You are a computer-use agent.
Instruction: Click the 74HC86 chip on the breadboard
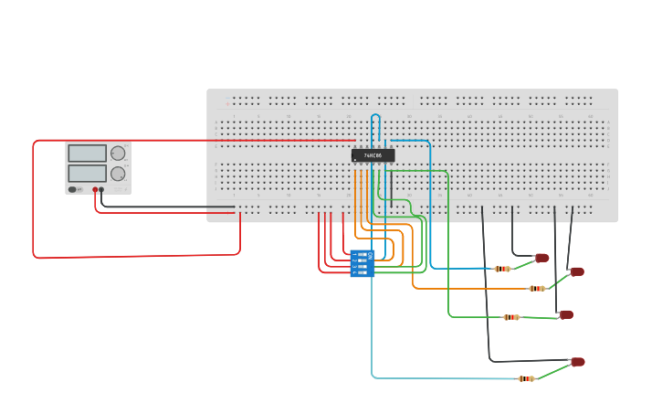pos(373,155)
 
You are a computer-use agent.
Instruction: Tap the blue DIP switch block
pos(363,263)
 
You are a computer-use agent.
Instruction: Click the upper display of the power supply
pos(88,154)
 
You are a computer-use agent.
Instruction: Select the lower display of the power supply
pos(88,173)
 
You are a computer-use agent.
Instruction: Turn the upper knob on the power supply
pos(118,154)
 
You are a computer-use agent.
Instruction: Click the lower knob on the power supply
pos(118,174)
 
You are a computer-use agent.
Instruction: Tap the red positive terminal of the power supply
pos(94,190)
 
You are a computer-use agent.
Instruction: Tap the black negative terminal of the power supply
pos(101,190)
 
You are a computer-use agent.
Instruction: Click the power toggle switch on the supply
pos(73,189)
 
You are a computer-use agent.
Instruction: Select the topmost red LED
pos(542,258)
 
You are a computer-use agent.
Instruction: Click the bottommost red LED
pos(577,362)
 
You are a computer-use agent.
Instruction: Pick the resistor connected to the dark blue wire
pos(502,269)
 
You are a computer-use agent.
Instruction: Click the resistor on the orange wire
pos(537,289)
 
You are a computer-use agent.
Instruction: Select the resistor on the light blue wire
pos(526,378)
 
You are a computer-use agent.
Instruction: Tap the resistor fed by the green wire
pos(511,317)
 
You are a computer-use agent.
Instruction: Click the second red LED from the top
pos(577,271)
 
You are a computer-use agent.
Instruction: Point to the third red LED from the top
pos(566,314)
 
